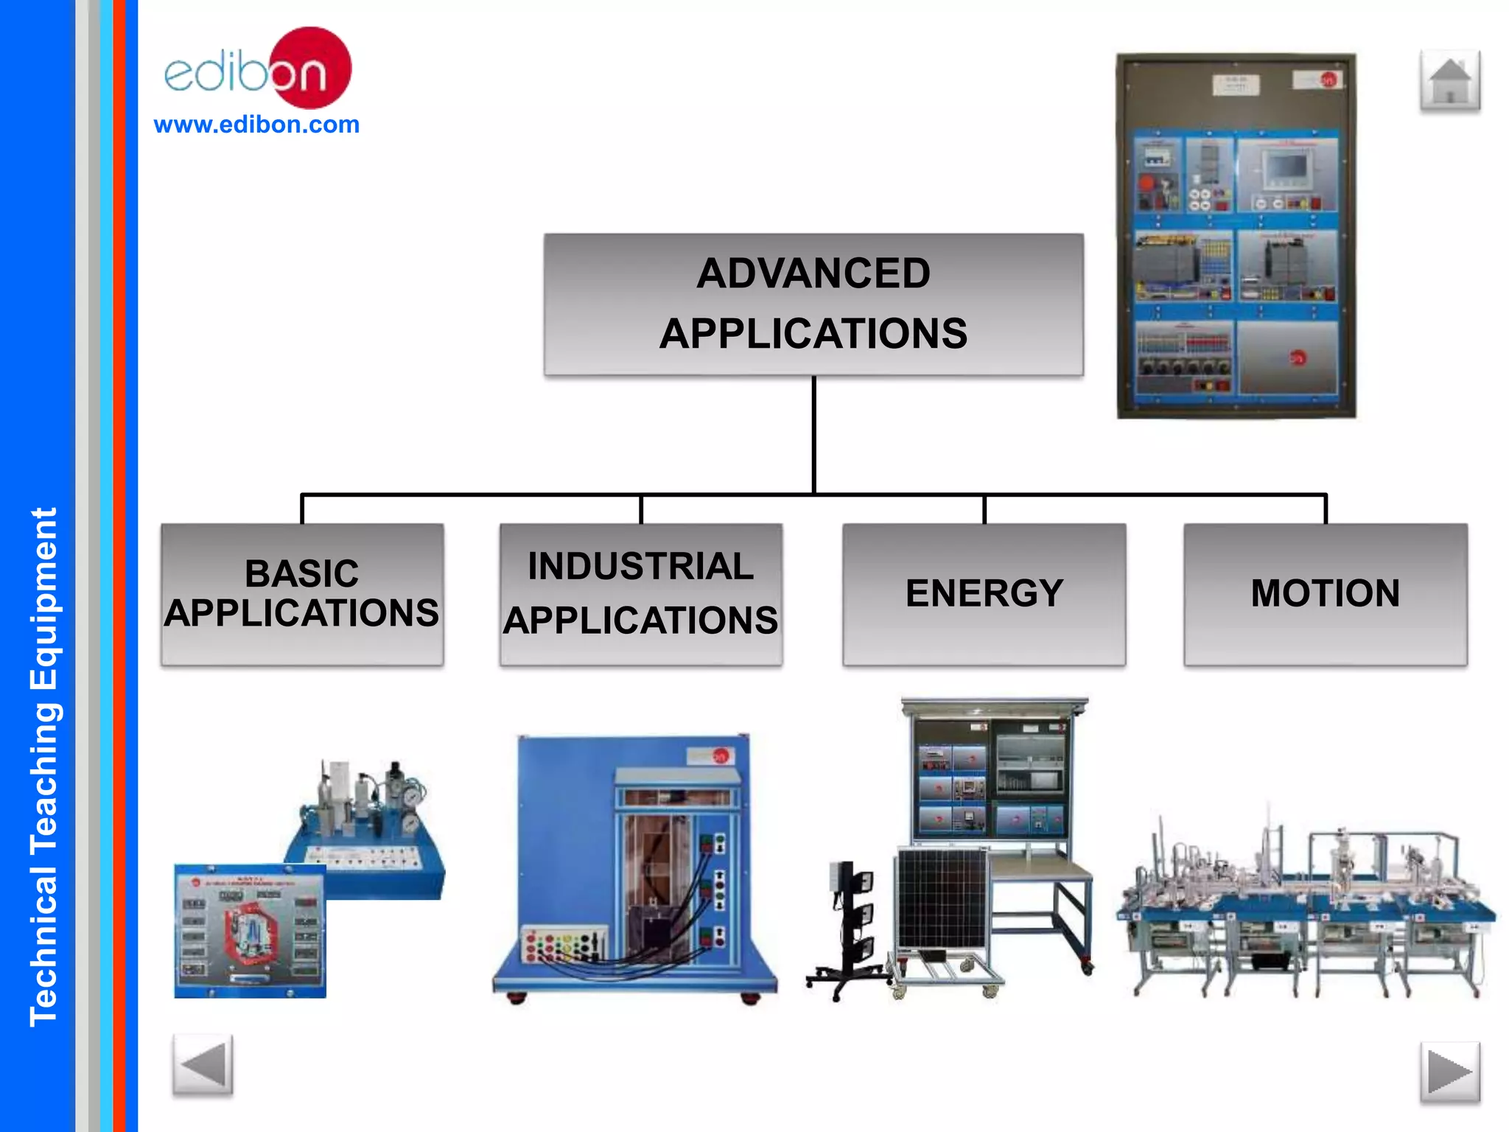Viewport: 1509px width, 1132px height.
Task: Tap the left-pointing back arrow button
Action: point(203,1065)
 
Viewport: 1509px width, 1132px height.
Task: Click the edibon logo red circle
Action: point(313,66)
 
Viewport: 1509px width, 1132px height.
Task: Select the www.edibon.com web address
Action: point(256,125)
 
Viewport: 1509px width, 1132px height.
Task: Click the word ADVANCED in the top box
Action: point(813,273)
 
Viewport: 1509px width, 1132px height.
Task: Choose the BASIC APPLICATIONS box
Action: point(302,594)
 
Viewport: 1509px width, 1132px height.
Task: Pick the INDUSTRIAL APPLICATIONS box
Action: point(641,594)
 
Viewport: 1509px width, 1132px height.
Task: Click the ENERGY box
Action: point(984,594)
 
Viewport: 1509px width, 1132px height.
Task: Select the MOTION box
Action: point(1326,594)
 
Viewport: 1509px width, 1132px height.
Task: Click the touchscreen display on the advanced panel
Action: point(1287,169)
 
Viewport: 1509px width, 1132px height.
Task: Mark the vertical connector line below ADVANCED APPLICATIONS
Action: point(813,435)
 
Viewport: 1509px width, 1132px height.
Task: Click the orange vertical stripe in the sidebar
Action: point(119,566)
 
